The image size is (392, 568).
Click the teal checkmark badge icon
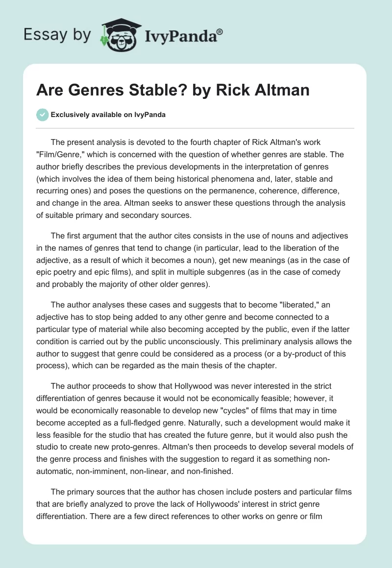(42, 115)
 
